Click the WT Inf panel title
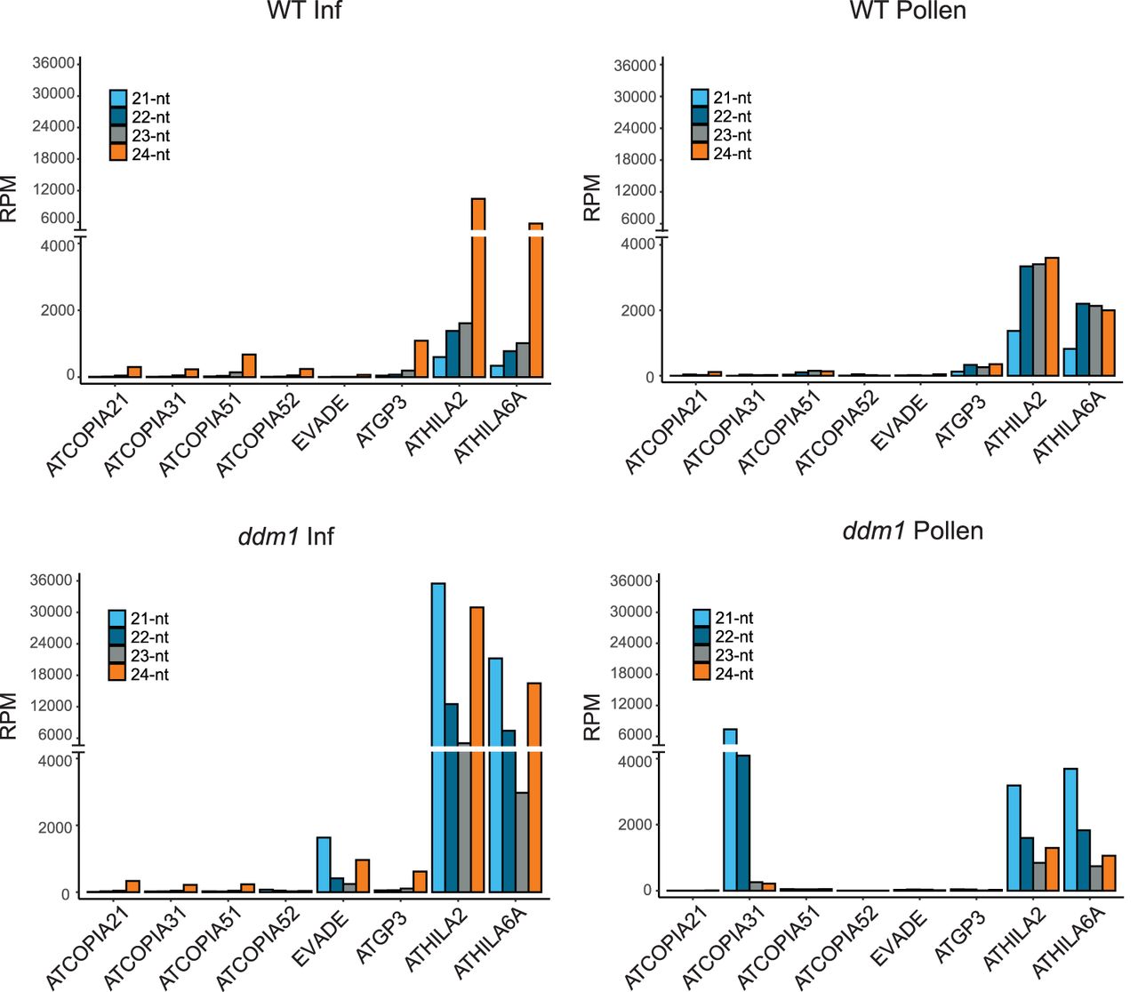(304, 12)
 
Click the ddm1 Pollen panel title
(912, 532)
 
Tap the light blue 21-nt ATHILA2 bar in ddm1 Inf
(438, 738)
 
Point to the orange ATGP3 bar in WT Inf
(421, 358)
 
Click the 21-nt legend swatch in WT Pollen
(700, 98)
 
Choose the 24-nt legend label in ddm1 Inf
(149, 675)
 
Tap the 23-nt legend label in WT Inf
(151, 136)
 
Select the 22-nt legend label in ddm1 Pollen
(734, 636)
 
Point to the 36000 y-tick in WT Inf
(54, 63)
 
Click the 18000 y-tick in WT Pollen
(635, 159)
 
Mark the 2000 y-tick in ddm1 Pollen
(635, 825)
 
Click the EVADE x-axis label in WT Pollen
(899, 423)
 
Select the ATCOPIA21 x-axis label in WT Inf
(87, 435)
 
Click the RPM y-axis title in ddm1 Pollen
(592, 717)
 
